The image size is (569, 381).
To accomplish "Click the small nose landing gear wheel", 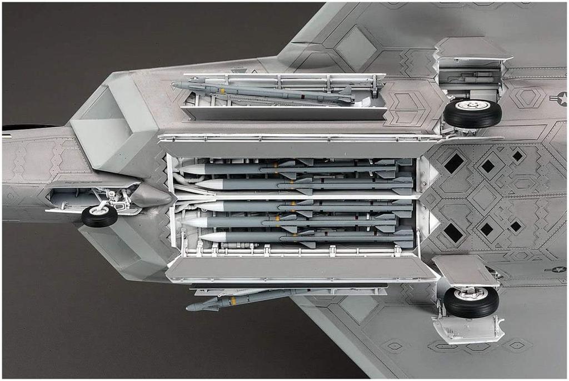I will point(99,216).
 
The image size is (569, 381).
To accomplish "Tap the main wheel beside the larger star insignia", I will point(472,113).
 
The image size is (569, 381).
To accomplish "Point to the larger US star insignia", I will point(560,98).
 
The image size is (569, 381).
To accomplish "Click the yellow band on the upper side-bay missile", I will point(222,90).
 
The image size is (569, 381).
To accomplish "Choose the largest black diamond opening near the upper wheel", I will point(454,163).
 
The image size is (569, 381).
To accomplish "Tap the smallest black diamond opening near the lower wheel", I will point(516,226).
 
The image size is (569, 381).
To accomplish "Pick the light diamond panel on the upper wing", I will point(355,48).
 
